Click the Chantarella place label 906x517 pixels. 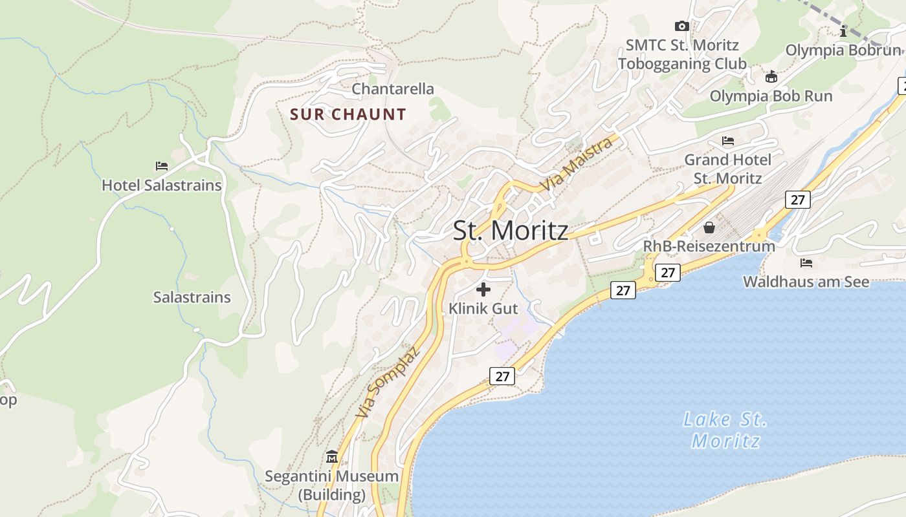pyautogui.click(x=393, y=89)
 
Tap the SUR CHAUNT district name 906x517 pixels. pyautogui.click(x=348, y=115)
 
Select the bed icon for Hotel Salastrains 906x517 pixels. pyautogui.click(x=162, y=166)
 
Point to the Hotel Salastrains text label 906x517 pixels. pyautogui.click(x=162, y=185)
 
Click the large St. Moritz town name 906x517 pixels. pyautogui.click(x=511, y=231)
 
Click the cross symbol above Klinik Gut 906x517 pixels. pyautogui.click(x=483, y=290)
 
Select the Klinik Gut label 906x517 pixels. pyautogui.click(x=483, y=308)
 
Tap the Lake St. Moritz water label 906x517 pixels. pyautogui.click(x=725, y=430)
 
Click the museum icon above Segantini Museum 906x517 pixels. pyautogui.click(x=332, y=457)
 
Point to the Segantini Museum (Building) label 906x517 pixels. pyautogui.click(x=332, y=485)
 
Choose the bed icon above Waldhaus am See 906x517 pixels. pyautogui.click(x=806, y=263)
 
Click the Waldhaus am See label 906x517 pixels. pyautogui.click(x=806, y=282)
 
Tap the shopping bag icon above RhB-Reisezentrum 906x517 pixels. pyautogui.click(x=709, y=227)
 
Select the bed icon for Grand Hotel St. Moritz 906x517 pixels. pyautogui.click(x=728, y=141)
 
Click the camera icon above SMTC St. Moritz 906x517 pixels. pyautogui.click(x=681, y=26)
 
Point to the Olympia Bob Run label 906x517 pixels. pyautogui.click(x=771, y=96)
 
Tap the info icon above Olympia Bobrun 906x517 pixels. pyautogui.click(x=843, y=31)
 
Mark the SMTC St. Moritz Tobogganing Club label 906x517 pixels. pyautogui.click(x=682, y=54)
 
